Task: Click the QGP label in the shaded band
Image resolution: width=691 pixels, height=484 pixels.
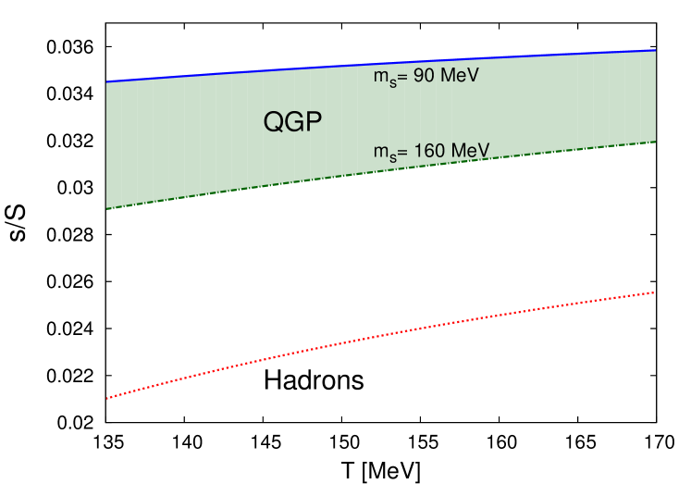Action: tap(293, 122)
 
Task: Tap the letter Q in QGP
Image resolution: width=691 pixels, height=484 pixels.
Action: tap(274, 122)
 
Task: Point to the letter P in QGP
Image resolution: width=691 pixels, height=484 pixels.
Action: tap(315, 122)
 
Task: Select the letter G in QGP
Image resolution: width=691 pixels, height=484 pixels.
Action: tap(294, 122)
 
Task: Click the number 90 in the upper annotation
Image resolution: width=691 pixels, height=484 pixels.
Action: tap(424, 76)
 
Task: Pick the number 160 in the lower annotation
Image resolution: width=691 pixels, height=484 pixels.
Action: tap(428, 150)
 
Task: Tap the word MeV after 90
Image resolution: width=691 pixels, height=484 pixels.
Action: tap(459, 76)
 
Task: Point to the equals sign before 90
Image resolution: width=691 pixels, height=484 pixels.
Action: tap(404, 77)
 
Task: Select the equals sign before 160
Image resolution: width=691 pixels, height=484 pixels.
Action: tap(404, 151)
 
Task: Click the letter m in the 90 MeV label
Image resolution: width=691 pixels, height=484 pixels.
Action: tap(380, 78)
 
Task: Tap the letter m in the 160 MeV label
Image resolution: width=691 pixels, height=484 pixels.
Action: tap(380, 152)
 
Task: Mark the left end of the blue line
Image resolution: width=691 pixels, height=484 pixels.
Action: tap(107, 81)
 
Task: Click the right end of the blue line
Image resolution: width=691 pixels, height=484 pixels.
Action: tap(656, 50)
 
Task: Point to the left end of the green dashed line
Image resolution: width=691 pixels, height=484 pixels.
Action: tap(107, 208)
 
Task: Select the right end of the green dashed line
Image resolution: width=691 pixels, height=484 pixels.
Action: tap(656, 142)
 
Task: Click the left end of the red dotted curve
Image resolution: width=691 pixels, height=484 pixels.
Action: tap(107, 398)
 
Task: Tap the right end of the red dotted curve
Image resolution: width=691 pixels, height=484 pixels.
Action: tap(655, 292)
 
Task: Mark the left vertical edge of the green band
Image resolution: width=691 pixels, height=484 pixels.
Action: tap(107, 145)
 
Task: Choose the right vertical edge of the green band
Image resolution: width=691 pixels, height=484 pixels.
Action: tap(656, 96)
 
